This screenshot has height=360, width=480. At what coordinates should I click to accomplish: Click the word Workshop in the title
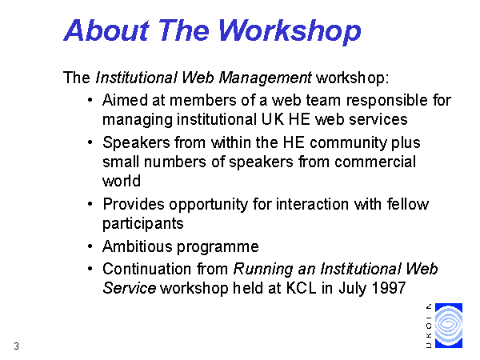pos(290,31)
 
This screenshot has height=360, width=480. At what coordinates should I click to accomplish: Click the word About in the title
pos(106,30)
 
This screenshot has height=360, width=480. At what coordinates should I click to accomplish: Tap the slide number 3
pos(17,346)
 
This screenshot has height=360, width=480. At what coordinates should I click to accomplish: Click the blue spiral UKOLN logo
pos(449,326)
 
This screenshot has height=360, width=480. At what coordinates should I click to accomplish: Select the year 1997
pos(389,288)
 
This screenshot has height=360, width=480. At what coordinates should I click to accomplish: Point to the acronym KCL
pos(301,288)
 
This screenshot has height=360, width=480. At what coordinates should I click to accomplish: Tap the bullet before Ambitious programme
pos(90,246)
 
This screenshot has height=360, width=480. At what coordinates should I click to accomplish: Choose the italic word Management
pos(265,78)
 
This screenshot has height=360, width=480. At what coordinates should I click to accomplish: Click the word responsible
pos(387,101)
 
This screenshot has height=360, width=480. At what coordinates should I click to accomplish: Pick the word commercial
pos(375,162)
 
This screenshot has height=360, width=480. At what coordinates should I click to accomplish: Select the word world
pos(122,181)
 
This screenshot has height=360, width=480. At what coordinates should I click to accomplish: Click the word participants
pos(143,223)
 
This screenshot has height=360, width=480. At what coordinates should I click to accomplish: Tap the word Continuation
pos(146,269)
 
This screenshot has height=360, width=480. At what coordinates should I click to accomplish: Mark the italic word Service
pos(130,288)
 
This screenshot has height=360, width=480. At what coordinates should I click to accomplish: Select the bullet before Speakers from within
pos(90,142)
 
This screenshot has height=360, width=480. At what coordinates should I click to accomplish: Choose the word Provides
pos(134,204)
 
